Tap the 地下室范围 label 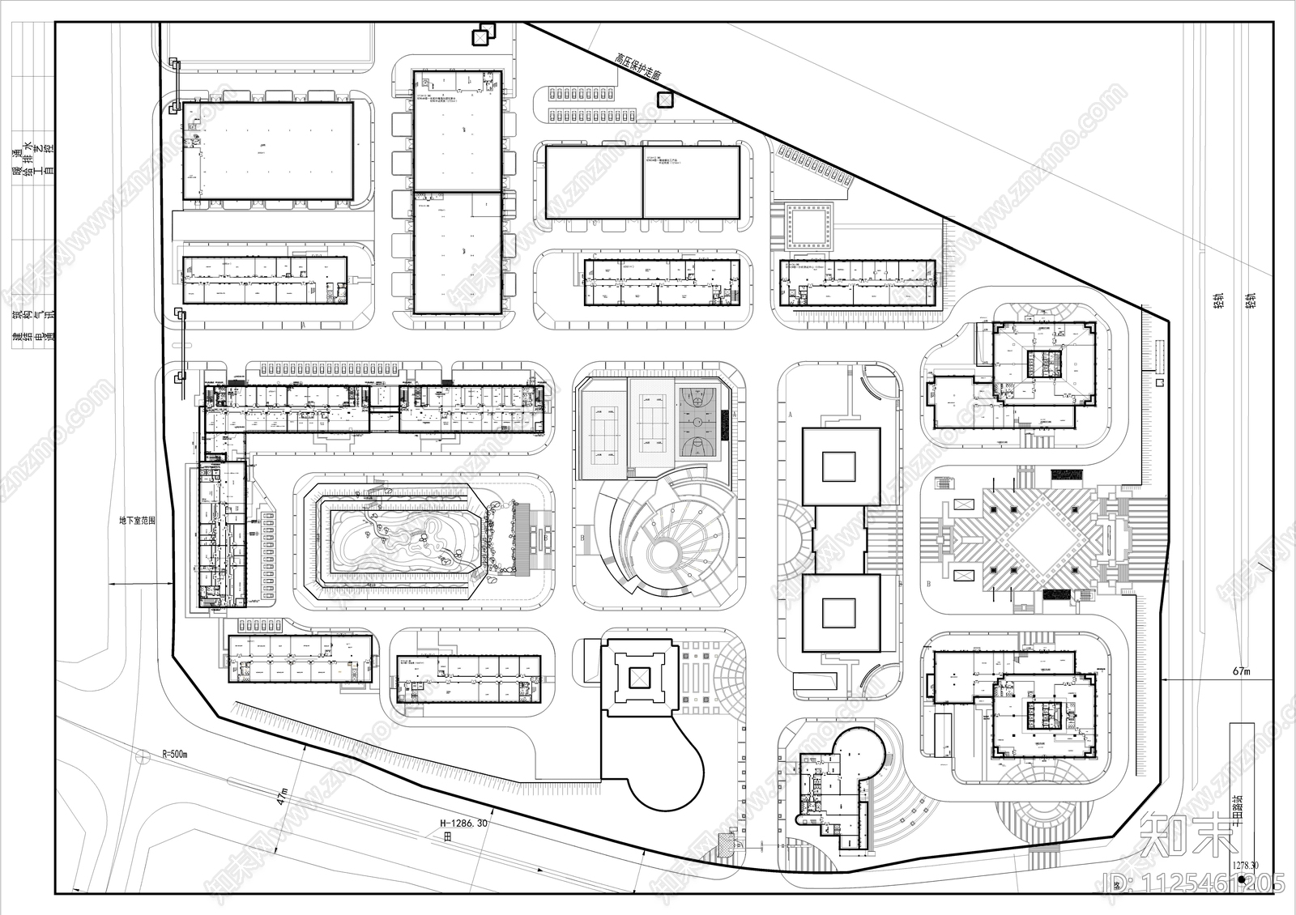137,521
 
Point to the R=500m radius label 174,754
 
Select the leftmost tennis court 603,423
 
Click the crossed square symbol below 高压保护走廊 664,100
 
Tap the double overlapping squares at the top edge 483,35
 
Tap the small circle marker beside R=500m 142,755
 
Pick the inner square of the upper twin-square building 839,467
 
